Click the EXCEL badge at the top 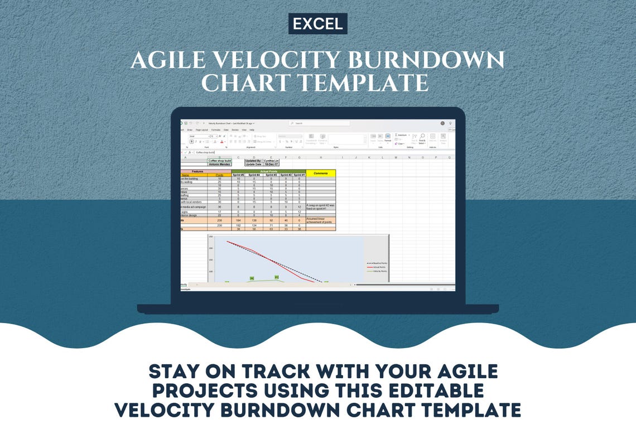click(317, 24)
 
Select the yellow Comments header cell click(321, 173)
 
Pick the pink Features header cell click(197, 171)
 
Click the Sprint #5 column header click(238, 175)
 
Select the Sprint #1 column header click(300, 175)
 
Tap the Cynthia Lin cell click(272, 160)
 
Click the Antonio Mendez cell click(219, 164)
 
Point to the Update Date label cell click(253, 164)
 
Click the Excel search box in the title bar click(319, 123)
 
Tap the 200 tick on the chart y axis click(211, 248)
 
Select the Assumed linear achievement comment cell click(321, 220)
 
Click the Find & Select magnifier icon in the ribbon click(422, 136)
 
